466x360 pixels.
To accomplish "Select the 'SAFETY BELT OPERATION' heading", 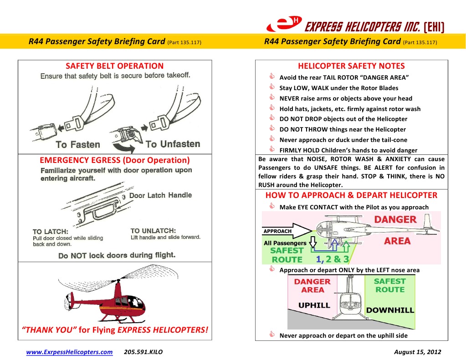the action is click(114, 66).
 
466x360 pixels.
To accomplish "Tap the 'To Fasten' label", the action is click(78, 145).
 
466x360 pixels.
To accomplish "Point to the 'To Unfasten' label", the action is click(173, 144).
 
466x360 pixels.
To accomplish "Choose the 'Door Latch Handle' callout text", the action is click(160, 195).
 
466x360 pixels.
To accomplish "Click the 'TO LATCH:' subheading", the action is click(51, 231).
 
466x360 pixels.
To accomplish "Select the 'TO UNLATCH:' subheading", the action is click(153, 231).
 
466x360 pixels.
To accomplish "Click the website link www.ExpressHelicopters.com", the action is click(69, 352).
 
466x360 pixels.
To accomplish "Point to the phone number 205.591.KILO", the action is click(143, 352).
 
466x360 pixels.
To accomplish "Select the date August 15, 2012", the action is click(417, 352).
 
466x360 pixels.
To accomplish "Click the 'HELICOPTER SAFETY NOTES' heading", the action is click(351, 66).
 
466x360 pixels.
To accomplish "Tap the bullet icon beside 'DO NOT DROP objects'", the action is click(272, 119).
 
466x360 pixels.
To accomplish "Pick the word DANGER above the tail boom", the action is click(395, 219).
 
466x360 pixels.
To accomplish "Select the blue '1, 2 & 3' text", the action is click(333, 259).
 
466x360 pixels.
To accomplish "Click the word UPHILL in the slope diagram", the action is click(314, 305).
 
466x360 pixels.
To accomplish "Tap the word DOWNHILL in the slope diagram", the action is click(390, 310).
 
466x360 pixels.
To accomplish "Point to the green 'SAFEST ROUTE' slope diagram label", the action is click(390, 285).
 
